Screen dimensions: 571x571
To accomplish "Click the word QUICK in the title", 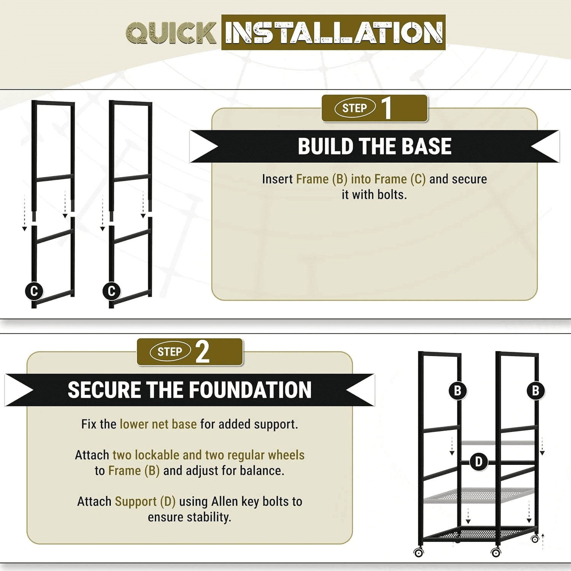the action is pos(171,32).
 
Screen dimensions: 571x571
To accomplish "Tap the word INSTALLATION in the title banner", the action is pos(333,32).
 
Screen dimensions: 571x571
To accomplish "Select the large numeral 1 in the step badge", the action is pos(387,108).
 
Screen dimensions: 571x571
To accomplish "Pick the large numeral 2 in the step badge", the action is pos(203,352).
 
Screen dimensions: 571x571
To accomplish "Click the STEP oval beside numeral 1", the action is pos(355,108).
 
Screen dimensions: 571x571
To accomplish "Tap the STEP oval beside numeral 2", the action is pos(170,352).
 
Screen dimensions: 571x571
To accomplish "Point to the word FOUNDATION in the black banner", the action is pos(250,390).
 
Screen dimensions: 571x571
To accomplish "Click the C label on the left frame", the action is pos(34,291).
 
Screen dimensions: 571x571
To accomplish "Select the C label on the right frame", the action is pos(112,291).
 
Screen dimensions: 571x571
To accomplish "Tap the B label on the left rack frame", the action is pos(458,391).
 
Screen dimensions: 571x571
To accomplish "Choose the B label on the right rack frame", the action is pos(536,391).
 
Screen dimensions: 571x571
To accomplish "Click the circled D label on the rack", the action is pos(479,462).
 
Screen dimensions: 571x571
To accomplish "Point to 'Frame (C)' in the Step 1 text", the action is pos(399,179).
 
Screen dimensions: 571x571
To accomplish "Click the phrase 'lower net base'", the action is pos(158,424).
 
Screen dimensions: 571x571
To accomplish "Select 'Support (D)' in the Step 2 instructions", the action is pos(145,502).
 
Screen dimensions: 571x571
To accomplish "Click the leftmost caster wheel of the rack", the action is pos(419,552).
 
